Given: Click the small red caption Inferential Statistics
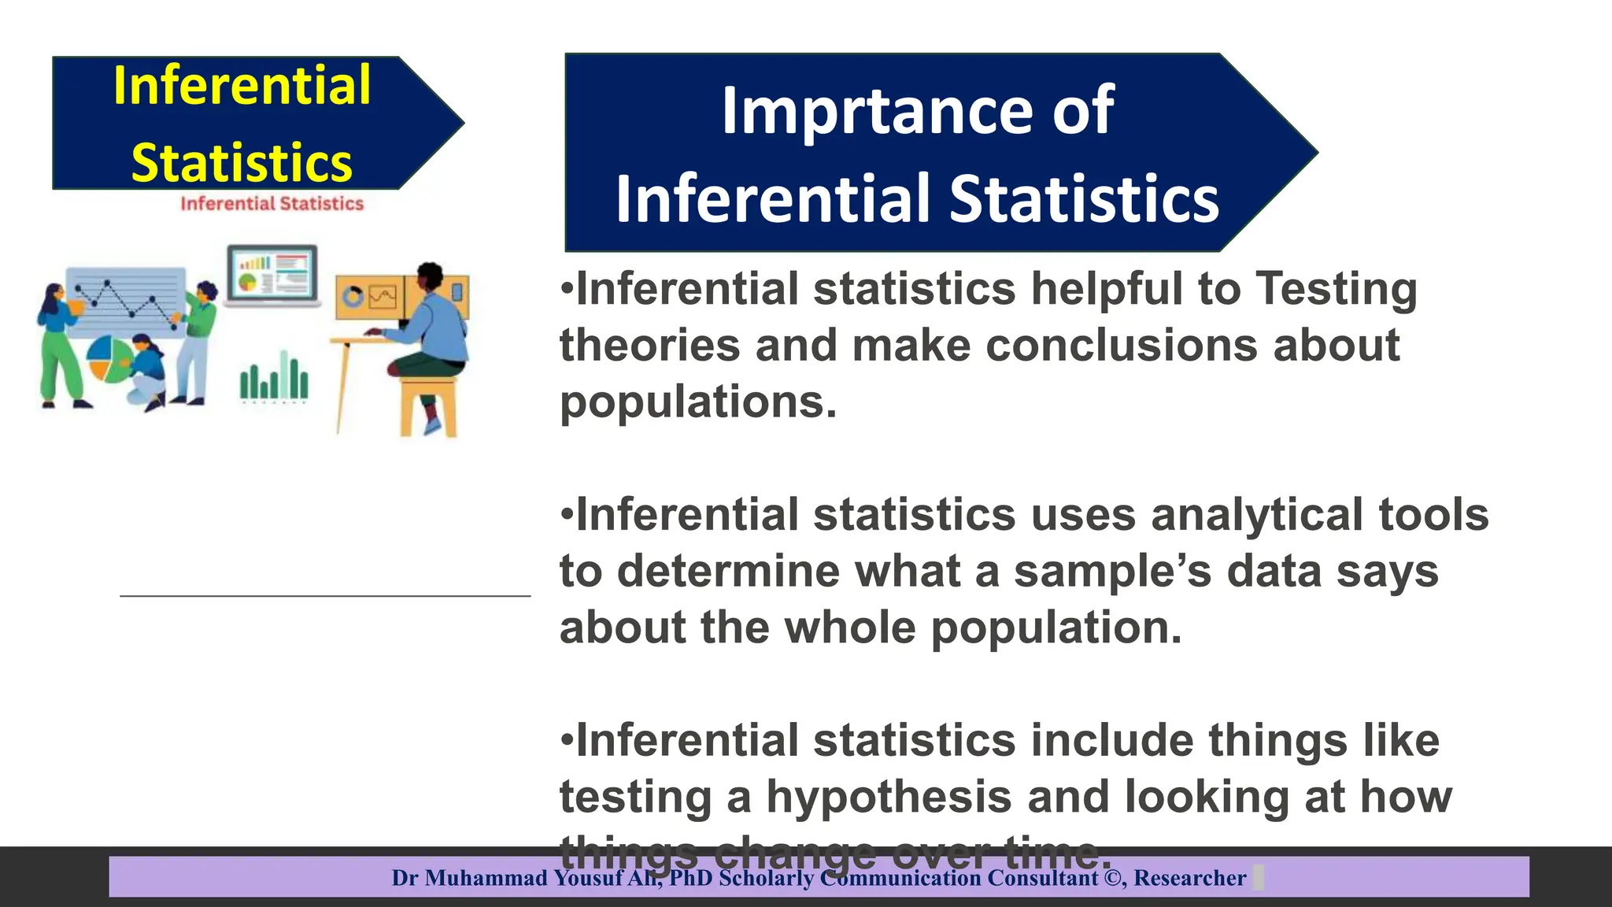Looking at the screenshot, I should [272, 204].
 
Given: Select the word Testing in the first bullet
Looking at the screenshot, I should [1336, 289].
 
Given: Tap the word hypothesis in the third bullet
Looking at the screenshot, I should [889, 797].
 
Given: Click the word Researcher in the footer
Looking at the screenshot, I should [1189, 878].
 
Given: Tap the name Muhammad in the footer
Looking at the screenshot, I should [486, 878].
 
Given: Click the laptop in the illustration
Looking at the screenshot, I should [272, 275].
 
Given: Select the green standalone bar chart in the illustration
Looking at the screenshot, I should [274, 379].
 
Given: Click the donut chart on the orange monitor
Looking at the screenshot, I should [353, 297].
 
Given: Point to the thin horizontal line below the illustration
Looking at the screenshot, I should [324, 596].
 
